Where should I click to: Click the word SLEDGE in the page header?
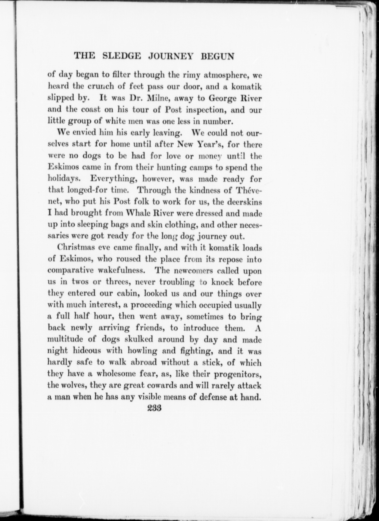click(x=119, y=56)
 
